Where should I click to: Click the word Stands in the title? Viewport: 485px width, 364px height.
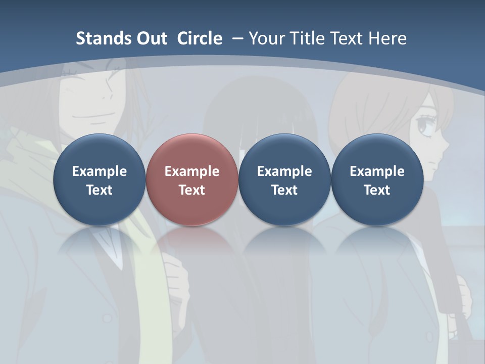[96, 38]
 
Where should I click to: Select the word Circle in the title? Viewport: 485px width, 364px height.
[200, 38]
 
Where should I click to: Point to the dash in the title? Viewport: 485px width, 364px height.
[237, 38]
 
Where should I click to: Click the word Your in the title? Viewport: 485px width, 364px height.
[265, 38]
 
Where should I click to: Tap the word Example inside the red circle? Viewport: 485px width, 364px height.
[192, 171]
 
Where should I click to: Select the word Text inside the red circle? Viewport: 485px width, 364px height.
[192, 190]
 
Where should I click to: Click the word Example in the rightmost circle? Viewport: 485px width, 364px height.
[377, 171]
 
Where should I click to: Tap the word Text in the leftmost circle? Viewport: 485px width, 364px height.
[99, 190]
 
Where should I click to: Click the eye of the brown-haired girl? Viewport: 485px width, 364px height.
[425, 126]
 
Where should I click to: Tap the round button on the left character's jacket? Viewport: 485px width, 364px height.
[107, 318]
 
